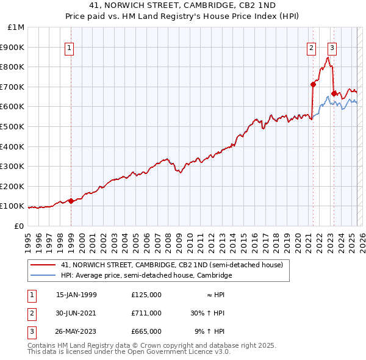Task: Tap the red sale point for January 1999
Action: (71, 201)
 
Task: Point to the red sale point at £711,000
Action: (313, 84)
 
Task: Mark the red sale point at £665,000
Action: (334, 93)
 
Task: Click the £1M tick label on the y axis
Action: (16, 27)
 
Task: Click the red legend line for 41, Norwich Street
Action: (43, 265)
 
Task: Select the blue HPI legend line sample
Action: (43, 276)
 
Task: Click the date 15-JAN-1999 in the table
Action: (76, 295)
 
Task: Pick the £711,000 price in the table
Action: (146, 313)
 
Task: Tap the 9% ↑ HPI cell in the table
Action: (209, 331)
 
